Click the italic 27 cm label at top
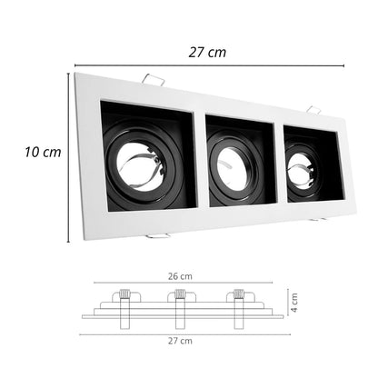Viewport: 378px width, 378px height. click(x=207, y=53)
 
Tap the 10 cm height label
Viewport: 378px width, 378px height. click(x=43, y=152)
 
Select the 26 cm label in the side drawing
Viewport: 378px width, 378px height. click(x=180, y=276)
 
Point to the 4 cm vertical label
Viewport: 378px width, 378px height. click(x=293, y=303)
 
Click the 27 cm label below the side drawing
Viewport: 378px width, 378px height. click(x=180, y=341)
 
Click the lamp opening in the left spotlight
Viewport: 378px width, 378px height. click(x=138, y=167)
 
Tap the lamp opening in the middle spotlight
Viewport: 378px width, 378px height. click(x=233, y=170)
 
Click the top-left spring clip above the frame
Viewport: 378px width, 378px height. click(x=154, y=79)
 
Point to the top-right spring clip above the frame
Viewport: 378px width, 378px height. click(x=313, y=110)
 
